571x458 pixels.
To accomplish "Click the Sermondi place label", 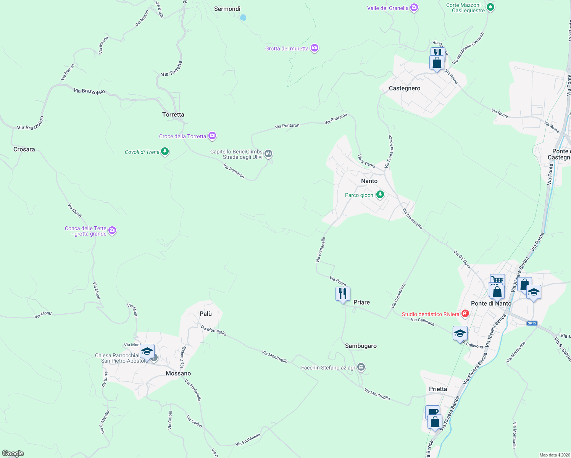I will point(227,9).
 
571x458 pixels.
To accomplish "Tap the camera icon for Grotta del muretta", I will point(315,48).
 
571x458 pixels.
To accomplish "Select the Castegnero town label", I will point(405,88).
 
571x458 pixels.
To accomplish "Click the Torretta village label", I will point(173,114).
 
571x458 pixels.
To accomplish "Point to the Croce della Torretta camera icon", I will point(212,136).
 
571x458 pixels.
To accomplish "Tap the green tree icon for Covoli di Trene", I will point(165,152).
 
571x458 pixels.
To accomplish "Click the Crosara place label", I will point(24,149).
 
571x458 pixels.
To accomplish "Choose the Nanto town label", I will point(369,181).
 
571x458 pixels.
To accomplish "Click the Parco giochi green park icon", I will point(380,195).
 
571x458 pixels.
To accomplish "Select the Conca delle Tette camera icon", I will point(112,230).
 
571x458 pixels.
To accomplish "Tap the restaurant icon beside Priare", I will point(343,294).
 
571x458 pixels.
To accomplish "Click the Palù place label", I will point(206,314).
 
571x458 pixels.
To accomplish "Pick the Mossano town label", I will point(178,373).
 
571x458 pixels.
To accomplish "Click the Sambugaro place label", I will point(361,346).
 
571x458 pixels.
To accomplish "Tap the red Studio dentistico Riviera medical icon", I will point(465,314).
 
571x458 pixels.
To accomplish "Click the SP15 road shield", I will point(532,323).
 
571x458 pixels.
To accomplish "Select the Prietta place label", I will point(438,389).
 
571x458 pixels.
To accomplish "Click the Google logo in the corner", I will point(13,453).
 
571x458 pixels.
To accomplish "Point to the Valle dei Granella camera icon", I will point(414,8).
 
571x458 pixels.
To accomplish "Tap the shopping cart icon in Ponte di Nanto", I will point(497,280).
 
